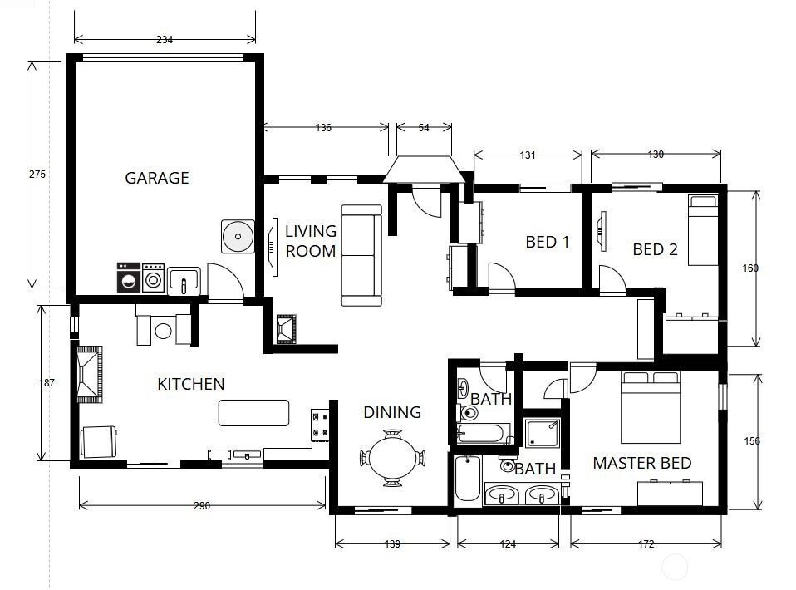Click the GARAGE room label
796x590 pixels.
[x=157, y=178]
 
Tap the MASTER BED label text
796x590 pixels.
[x=641, y=463]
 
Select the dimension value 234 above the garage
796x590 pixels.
[x=165, y=40]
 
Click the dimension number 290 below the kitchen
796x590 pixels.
[x=202, y=505]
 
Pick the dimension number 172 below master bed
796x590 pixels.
[x=646, y=544]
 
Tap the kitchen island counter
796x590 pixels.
[x=253, y=413]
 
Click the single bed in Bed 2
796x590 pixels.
[x=703, y=229]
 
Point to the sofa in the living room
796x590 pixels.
[x=361, y=255]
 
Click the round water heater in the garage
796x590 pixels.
[x=237, y=237]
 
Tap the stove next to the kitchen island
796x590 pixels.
[x=320, y=425]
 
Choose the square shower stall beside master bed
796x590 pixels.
[x=543, y=434]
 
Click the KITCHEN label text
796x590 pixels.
[x=191, y=384]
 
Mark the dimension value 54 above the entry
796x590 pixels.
[x=423, y=127]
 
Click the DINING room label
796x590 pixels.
[x=392, y=412]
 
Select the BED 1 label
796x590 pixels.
[x=548, y=243]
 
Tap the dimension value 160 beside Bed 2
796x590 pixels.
[x=750, y=268]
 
